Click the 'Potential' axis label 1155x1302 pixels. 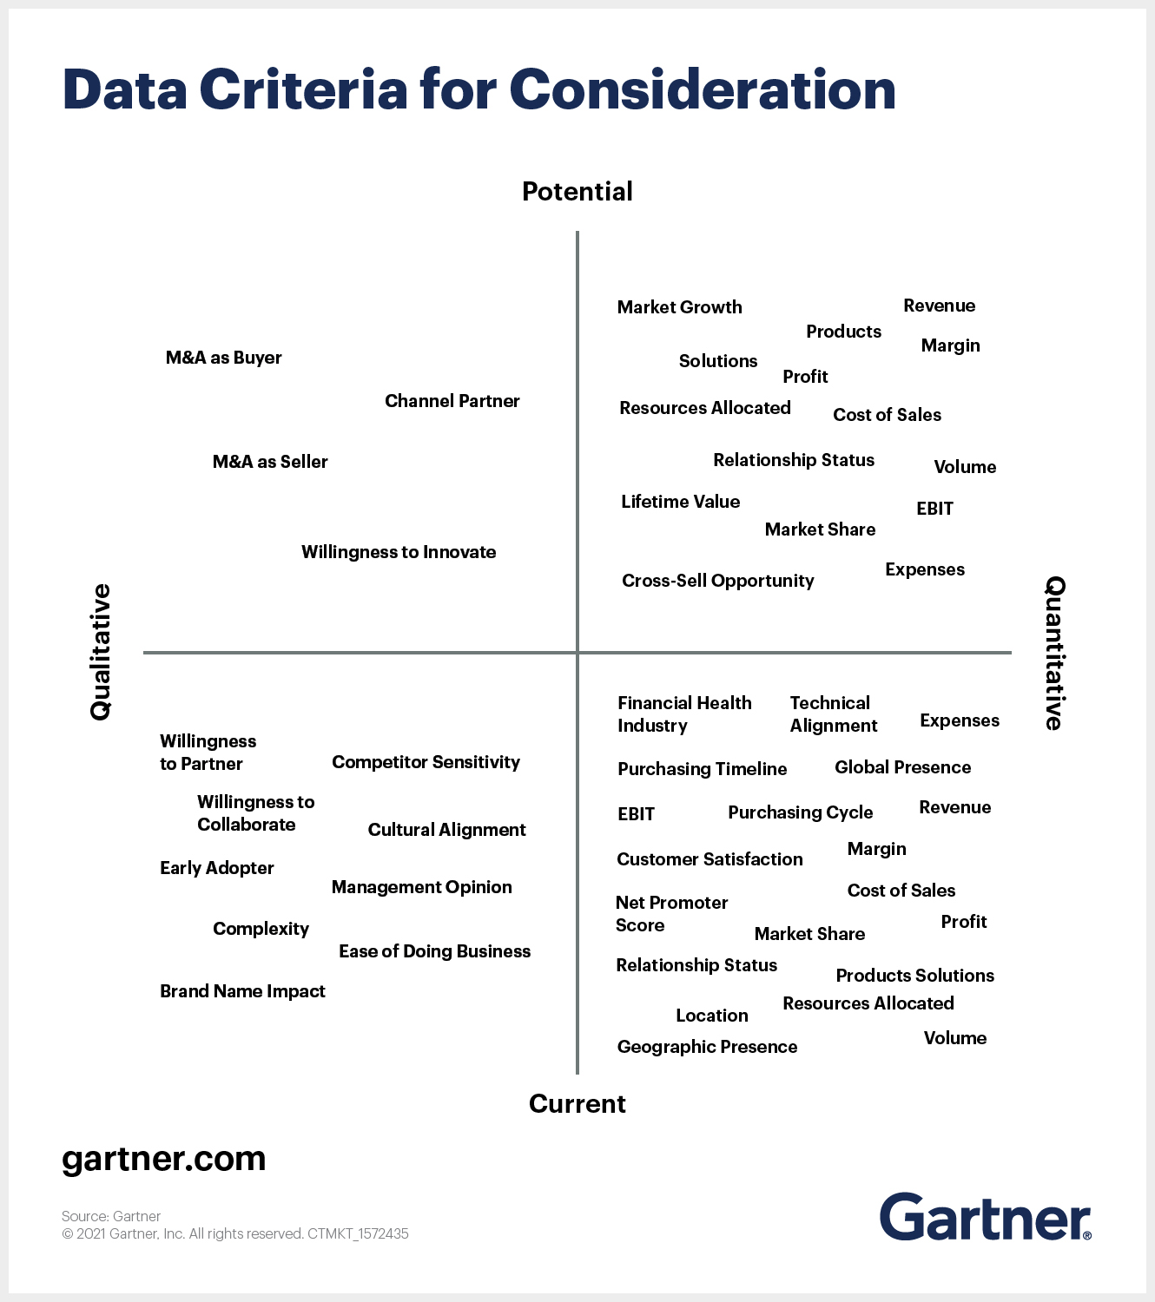pos(577,192)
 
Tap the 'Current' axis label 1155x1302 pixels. pos(577,1104)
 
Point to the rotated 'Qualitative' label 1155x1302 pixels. pos(101,652)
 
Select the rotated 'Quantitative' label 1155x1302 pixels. pos(1054,653)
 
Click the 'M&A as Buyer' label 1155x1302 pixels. pos(223,358)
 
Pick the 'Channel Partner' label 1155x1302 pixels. pos(452,401)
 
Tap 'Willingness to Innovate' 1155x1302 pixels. pos(399,552)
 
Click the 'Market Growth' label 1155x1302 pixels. pos(679,307)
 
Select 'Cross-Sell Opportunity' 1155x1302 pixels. pos(717,581)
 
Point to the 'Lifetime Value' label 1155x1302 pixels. pos(680,502)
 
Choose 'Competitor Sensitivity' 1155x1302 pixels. pos(426,762)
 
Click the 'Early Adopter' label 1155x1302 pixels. pos(216,868)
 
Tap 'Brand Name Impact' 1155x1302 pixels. pos(242,991)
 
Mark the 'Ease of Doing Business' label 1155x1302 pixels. pos(434,951)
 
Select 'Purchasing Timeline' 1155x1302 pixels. pos(702,769)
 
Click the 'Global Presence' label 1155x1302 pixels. pos(902,767)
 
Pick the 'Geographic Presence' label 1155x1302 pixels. pos(707,1047)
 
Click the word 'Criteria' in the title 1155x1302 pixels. pos(303,89)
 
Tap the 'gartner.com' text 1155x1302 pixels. pos(164,1159)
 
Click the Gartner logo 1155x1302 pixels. pos(985,1217)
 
